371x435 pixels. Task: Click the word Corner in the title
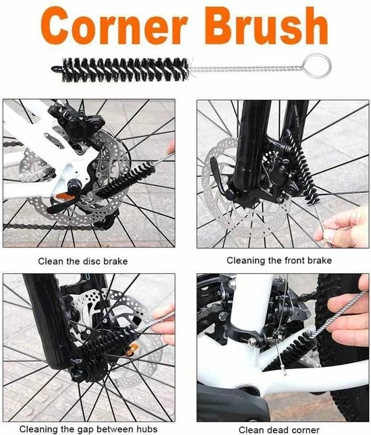(x=114, y=26)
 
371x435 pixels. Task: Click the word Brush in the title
(x=266, y=26)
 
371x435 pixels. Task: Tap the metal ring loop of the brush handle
(x=317, y=66)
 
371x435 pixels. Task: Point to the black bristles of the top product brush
(x=125, y=69)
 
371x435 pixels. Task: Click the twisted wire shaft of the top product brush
(x=246, y=69)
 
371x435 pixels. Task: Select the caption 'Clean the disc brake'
(x=83, y=261)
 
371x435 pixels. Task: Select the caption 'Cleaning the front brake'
(x=279, y=260)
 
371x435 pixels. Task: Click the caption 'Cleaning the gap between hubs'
(x=88, y=429)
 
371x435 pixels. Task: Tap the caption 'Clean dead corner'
(x=279, y=430)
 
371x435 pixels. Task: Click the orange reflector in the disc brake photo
(x=65, y=198)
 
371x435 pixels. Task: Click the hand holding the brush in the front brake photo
(x=344, y=227)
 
